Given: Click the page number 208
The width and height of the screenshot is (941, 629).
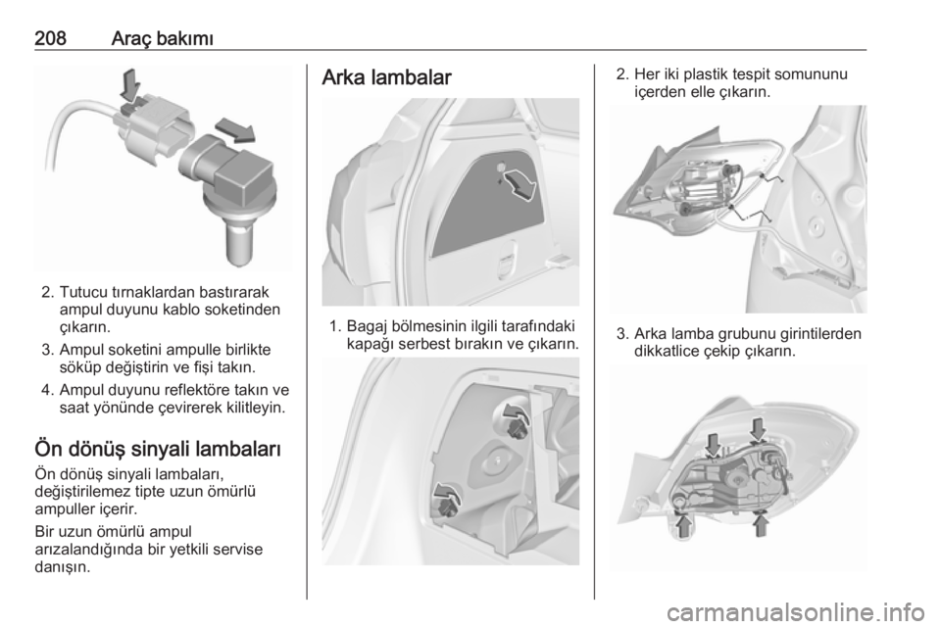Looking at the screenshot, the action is click(x=50, y=38).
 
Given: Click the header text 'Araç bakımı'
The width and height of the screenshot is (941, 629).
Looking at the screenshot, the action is click(x=163, y=38).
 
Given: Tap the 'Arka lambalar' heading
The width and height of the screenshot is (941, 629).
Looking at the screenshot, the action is click(x=386, y=77).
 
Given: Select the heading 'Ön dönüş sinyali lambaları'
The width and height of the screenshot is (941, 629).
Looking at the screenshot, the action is click(x=158, y=449).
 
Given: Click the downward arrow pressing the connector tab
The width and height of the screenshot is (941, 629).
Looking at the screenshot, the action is click(x=130, y=84).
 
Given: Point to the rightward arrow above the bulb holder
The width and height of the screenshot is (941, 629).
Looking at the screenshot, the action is click(x=235, y=129).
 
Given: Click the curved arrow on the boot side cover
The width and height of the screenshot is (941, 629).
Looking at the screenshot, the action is click(x=520, y=184).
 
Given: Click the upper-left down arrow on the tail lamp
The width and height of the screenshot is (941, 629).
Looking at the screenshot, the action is click(x=713, y=445).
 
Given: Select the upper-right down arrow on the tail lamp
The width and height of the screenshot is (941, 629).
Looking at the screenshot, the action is click(x=758, y=429).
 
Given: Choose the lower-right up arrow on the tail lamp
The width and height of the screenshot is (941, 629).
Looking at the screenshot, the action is click(x=761, y=524).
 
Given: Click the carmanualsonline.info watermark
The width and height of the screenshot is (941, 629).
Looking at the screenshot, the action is click(x=798, y=612).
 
